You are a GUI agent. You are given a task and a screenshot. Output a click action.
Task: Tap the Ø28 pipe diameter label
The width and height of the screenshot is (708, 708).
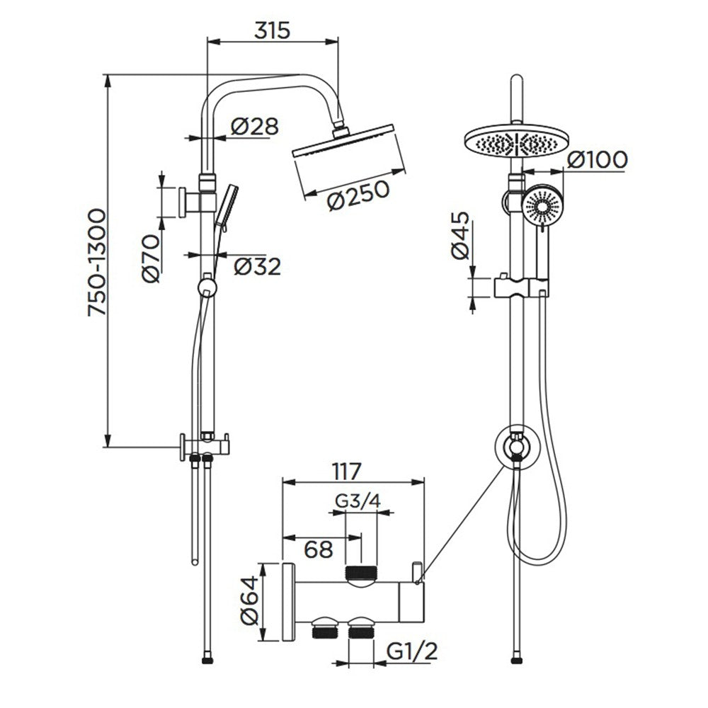coord(255,127)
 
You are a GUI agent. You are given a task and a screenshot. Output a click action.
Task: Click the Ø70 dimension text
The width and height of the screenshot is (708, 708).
coord(152,259)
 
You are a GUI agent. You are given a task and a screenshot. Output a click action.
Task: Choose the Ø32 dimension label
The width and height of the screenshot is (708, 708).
coord(257,266)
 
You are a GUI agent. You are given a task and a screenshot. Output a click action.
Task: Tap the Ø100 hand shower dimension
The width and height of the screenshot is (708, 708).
coord(597,159)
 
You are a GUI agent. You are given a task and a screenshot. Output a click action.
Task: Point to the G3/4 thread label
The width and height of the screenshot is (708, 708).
coord(358,501)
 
